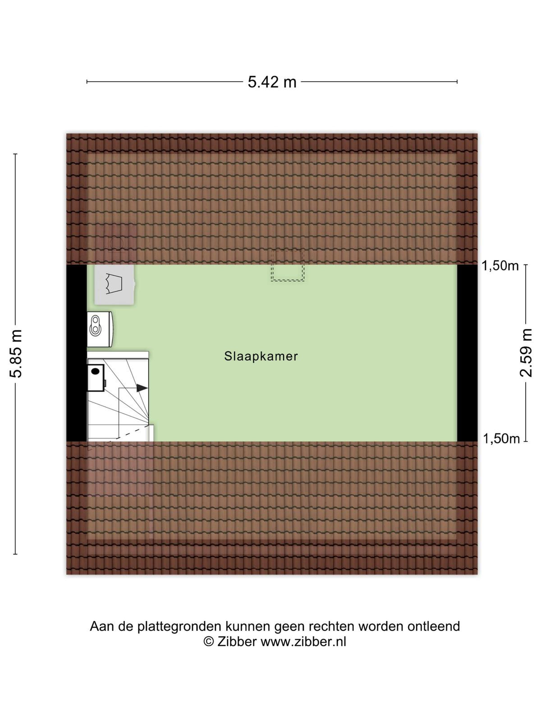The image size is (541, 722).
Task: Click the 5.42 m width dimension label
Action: coord(272,82)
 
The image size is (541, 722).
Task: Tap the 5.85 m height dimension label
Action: coord(16,353)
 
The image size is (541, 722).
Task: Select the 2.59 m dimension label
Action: coord(526,352)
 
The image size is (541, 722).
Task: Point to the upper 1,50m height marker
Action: coord(500,266)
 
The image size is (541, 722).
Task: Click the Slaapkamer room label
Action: coord(261,356)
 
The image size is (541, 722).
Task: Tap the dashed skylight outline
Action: coord(288,265)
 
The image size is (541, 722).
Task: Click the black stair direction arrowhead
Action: coord(142,388)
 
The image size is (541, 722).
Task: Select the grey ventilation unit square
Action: coord(115,285)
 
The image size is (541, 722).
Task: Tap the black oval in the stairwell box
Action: coord(95,371)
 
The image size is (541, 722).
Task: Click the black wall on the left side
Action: coord(77,353)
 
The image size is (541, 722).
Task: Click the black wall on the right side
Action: coord(467,353)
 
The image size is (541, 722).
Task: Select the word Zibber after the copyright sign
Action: coord(237,641)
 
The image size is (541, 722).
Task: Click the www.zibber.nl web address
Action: coord(303,641)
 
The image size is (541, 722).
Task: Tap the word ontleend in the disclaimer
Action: coord(434,626)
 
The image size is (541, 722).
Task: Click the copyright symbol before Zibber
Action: coord(209,642)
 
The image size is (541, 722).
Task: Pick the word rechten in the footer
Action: coord(332,626)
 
